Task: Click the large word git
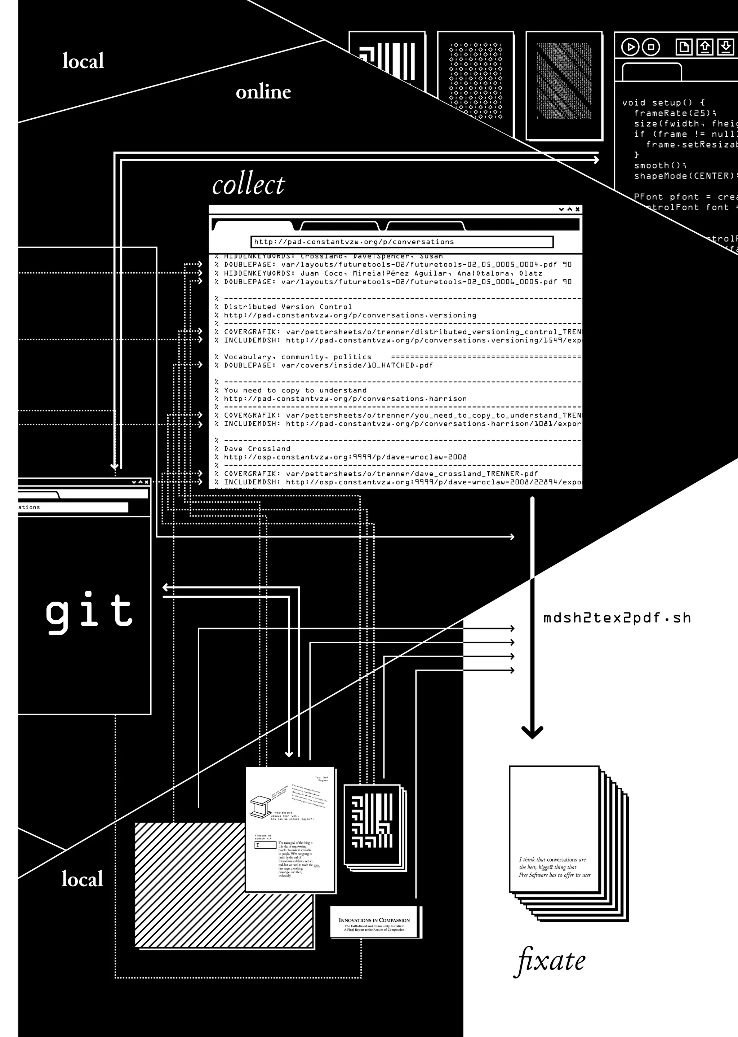click(89, 612)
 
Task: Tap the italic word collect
click(248, 185)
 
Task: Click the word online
click(263, 92)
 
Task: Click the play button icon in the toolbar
click(630, 47)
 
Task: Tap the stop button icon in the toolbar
click(651, 47)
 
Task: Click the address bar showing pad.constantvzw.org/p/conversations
click(402, 242)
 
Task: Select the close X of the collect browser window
click(578, 209)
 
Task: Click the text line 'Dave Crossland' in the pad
click(257, 448)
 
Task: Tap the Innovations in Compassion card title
click(374, 920)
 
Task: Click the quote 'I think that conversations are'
click(552, 860)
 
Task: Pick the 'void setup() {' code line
click(663, 103)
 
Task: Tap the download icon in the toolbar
click(725, 47)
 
